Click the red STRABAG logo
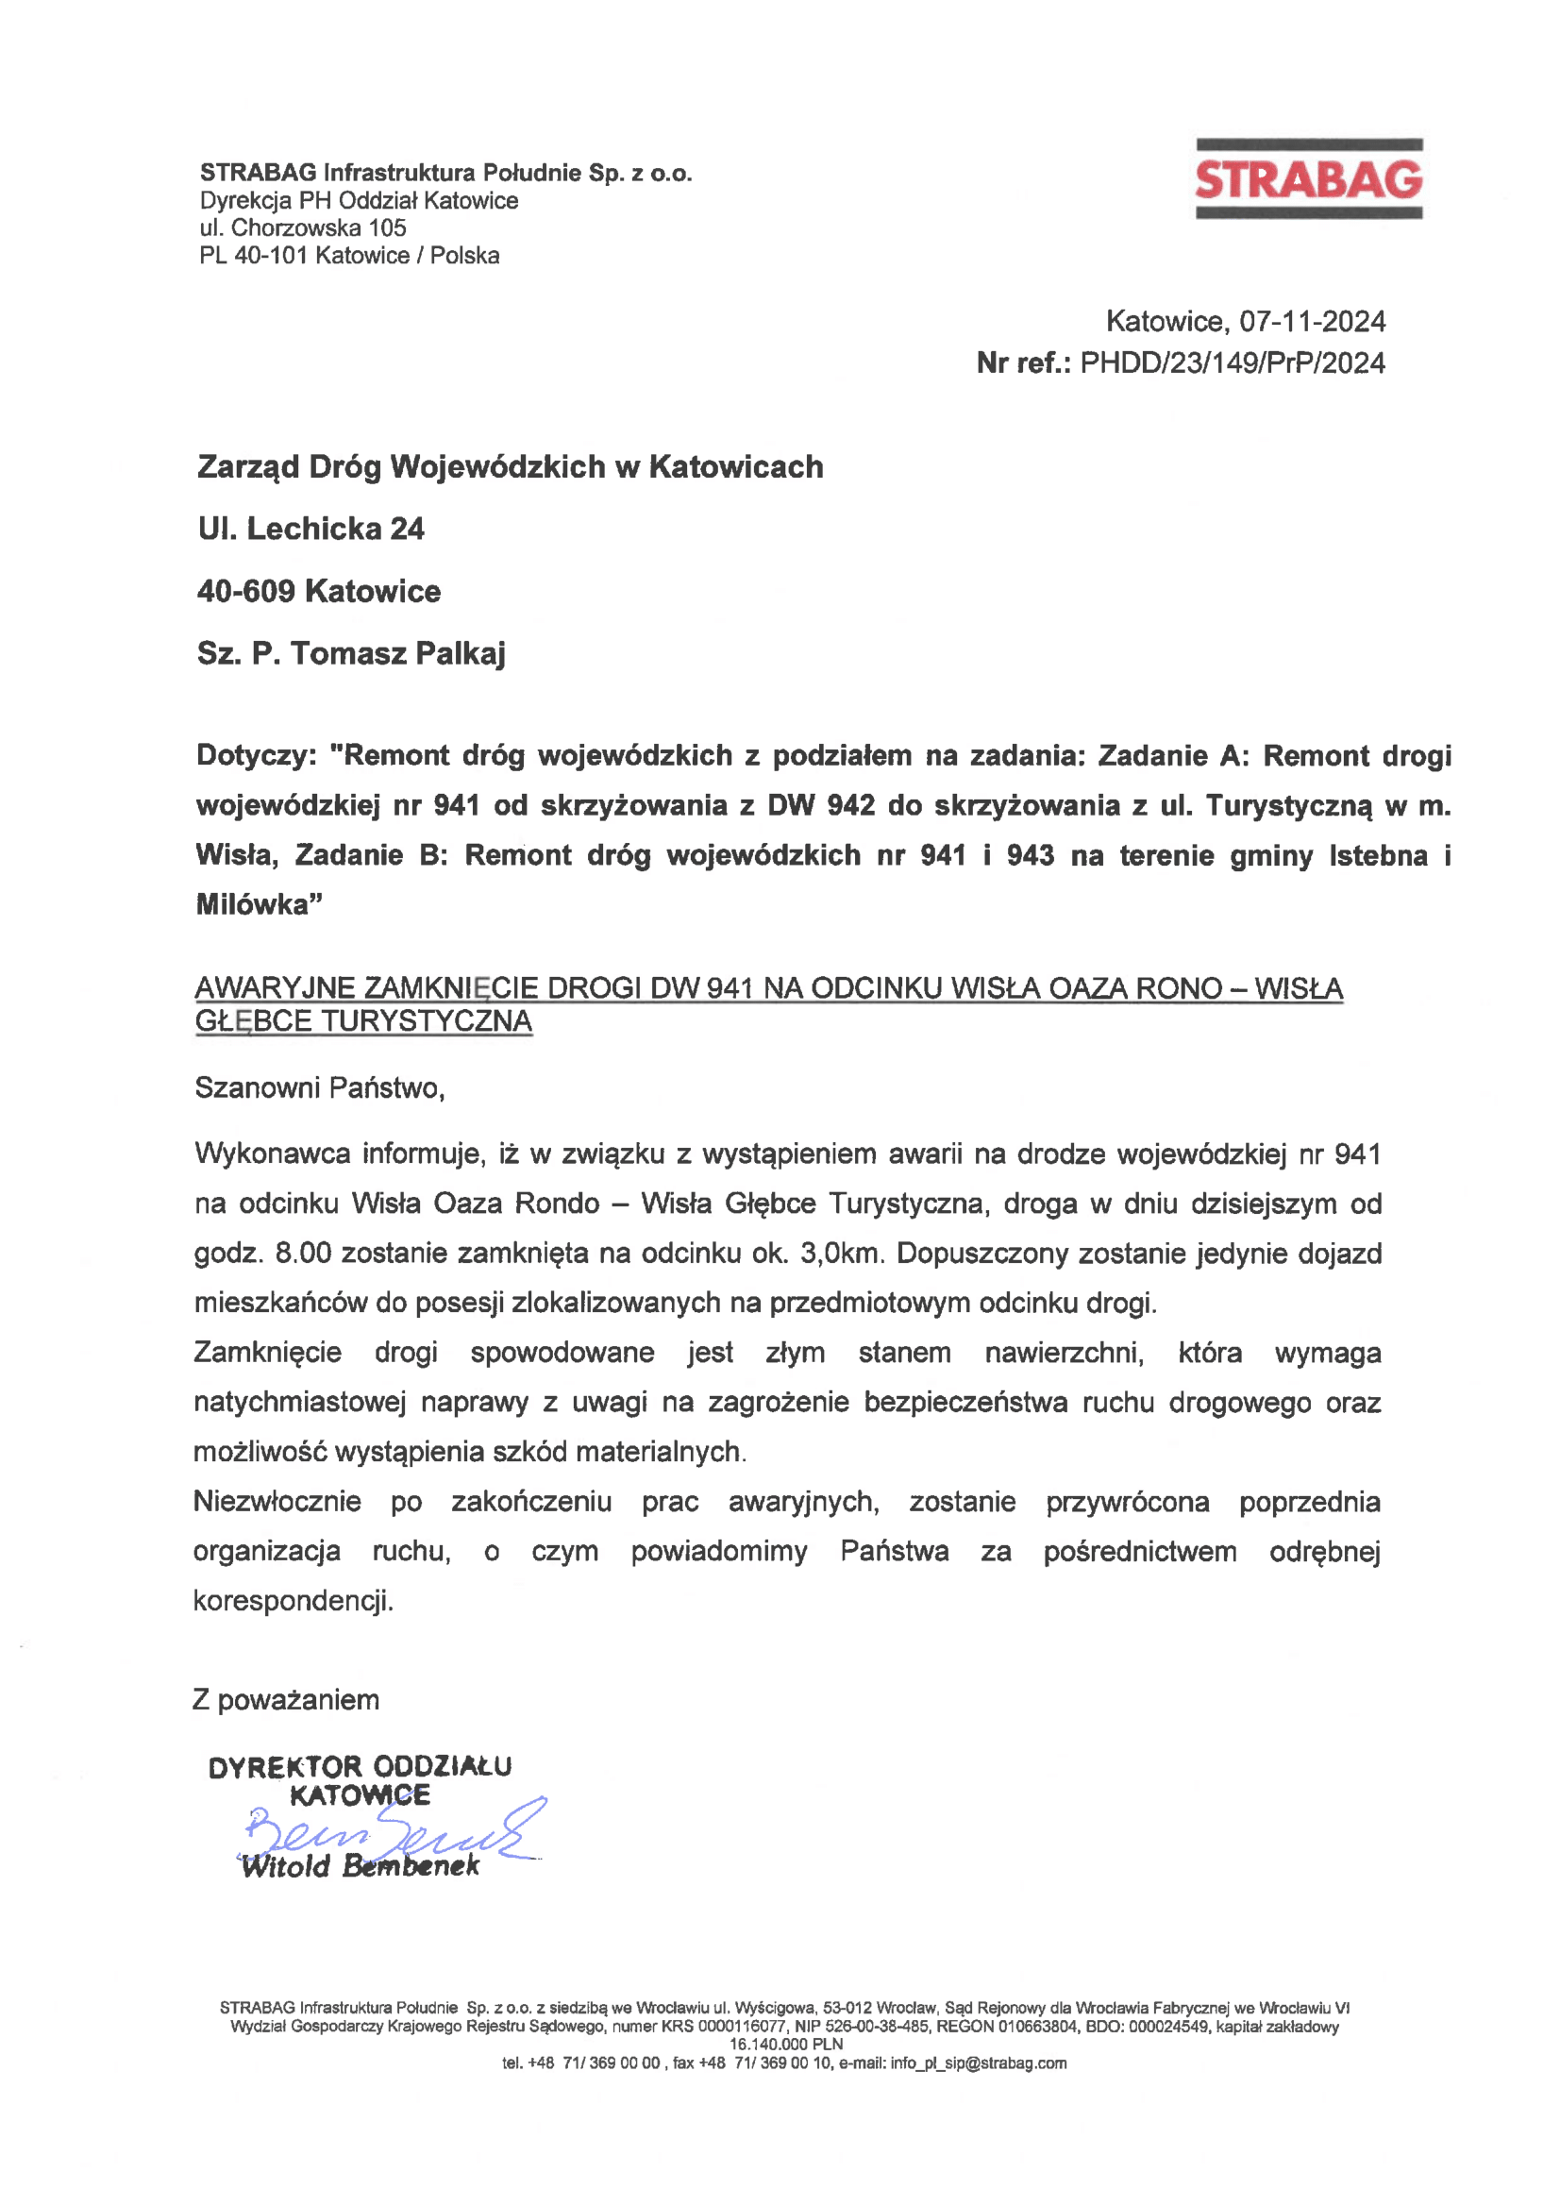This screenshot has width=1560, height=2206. pos(1308,179)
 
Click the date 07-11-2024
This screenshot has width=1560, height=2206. pos(1311,321)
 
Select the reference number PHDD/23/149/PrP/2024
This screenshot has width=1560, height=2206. pos(1233,363)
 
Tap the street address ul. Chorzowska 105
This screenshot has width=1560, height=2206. pos(303,227)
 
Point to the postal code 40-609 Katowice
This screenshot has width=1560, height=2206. pos(319,591)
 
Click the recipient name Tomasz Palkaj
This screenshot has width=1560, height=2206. pos(396,653)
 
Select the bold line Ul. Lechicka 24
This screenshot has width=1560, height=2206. pos(311,529)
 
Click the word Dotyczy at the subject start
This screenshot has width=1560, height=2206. pos(252,755)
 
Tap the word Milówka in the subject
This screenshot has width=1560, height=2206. pos(255,904)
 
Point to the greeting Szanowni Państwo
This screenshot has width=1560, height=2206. pos(319,1087)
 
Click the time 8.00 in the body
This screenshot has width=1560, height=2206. pos(303,1253)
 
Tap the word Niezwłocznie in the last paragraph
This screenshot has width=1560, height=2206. pos(277,1501)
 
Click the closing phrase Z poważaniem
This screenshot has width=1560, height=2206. pos(286,1700)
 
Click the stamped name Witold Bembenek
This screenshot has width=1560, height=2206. pos(361,1867)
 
